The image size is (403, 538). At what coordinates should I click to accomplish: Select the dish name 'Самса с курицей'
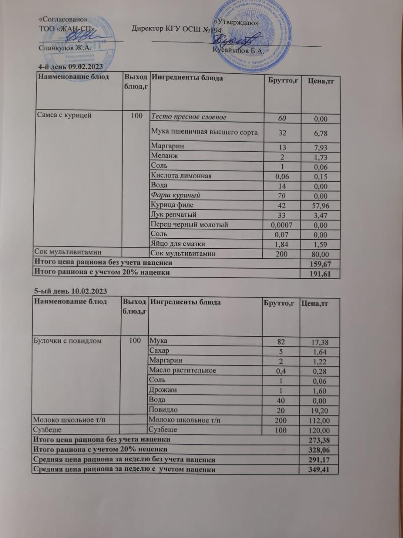(x=64, y=115)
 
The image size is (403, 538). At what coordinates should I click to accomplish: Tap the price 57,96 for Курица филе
(x=318, y=206)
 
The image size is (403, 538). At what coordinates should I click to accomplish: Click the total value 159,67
(x=318, y=264)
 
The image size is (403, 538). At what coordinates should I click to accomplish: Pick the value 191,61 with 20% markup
(x=318, y=274)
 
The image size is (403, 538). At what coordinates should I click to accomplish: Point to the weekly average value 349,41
(x=318, y=469)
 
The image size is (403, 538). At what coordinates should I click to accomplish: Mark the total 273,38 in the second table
(x=318, y=440)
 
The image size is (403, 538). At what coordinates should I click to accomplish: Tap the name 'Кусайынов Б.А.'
(x=238, y=51)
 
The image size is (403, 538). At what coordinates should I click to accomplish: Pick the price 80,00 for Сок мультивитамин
(x=318, y=254)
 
